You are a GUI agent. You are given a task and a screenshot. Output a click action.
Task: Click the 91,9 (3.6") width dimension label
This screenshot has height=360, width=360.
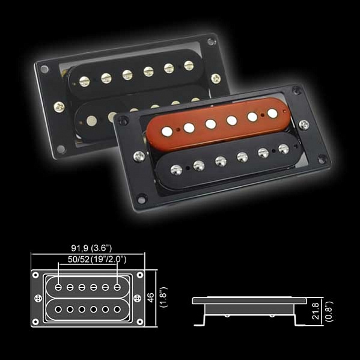tap(91, 248)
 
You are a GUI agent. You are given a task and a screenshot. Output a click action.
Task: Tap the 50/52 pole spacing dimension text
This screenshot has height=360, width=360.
tap(79, 260)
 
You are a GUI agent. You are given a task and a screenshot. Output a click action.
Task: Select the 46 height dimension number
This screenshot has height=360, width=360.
tap(151, 297)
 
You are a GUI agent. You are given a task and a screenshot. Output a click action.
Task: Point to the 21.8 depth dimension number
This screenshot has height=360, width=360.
tap(316, 311)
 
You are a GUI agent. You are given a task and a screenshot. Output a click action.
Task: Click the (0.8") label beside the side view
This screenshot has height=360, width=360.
tap(329, 311)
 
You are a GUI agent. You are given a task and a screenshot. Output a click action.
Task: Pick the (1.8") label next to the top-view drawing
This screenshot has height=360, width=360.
tap(164, 297)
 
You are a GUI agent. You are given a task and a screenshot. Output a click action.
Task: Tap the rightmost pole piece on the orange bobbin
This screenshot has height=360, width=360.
tap(272, 113)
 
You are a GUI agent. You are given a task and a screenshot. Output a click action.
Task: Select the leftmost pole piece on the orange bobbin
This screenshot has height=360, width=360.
tap(167, 132)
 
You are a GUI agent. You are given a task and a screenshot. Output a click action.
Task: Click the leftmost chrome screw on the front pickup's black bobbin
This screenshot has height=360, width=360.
tap(176, 170)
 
